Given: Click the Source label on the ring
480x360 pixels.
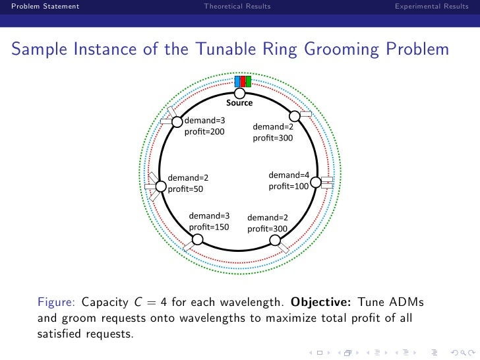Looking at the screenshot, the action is (x=239, y=103).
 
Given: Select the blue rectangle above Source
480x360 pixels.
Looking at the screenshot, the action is (x=237, y=82).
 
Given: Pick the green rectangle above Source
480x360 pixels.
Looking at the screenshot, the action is (x=248, y=82).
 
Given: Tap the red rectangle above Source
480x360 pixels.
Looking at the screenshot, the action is (x=243, y=82).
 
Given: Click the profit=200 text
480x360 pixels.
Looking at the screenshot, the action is (x=204, y=132).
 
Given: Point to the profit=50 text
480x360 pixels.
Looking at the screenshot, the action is (x=186, y=189).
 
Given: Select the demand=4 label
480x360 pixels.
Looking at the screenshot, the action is (x=289, y=175).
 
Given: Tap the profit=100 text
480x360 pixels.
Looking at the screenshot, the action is (x=289, y=187).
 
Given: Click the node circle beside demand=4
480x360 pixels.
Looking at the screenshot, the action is (x=315, y=182).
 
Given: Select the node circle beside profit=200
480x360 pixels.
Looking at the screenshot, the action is (x=177, y=121).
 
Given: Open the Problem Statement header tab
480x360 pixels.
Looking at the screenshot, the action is (x=41, y=7).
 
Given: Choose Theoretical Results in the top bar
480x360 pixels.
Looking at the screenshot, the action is (x=237, y=7).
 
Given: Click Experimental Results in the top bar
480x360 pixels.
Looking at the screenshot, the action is (x=432, y=7).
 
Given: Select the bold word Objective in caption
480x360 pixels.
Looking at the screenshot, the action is (x=321, y=303).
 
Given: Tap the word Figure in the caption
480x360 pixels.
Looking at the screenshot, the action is (x=58, y=303).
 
